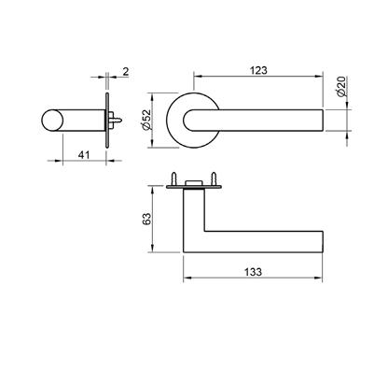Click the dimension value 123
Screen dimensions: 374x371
pyautogui.click(x=258, y=71)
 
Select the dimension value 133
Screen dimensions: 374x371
pyautogui.click(x=253, y=272)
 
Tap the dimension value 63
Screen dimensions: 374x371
pyautogui.click(x=146, y=219)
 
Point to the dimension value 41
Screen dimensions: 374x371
pyautogui.click(x=84, y=155)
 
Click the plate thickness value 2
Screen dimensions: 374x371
pyautogui.click(x=125, y=72)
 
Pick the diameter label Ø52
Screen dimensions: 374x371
pyautogui.click(x=146, y=120)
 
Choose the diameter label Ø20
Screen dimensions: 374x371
pyautogui.click(x=341, y=87)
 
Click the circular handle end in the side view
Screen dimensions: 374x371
pyautogui.click(x=52, y=120)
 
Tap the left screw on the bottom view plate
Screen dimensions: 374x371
pyautogui.click(x=174, y=178)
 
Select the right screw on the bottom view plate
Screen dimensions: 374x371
pyautogui.click(x=214, y=178)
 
